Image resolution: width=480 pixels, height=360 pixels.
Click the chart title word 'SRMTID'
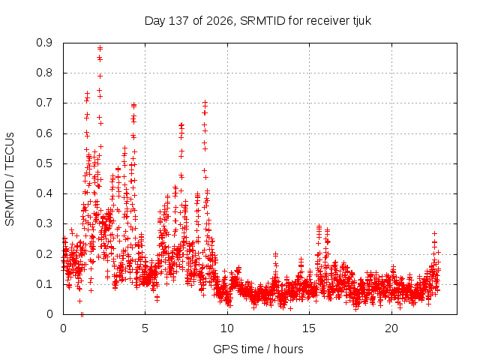262,21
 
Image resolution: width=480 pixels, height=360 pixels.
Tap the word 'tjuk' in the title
361,22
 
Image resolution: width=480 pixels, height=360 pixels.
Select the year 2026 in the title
220,21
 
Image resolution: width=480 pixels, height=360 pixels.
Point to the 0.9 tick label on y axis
44,43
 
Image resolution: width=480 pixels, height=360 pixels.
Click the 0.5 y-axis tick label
44,163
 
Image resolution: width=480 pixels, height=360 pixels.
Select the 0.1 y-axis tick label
44,284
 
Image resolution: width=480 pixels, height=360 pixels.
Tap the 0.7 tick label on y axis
44,103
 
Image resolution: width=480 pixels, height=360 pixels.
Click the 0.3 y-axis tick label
44,223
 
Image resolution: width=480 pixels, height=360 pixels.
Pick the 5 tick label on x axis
145,328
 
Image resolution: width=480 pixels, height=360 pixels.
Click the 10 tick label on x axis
227,328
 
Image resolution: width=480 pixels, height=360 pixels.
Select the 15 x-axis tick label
309,328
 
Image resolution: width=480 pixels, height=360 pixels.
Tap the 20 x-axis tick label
391,328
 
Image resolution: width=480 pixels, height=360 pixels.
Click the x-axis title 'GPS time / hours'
258,349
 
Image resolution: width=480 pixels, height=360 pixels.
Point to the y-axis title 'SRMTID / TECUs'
10,179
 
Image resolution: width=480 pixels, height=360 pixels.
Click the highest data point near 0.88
100,48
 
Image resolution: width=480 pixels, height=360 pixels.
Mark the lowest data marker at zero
82,314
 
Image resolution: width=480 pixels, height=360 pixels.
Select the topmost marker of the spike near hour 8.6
205,103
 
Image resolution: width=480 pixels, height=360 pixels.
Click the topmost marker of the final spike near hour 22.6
434,233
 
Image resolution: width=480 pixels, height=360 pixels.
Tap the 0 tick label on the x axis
63,328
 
